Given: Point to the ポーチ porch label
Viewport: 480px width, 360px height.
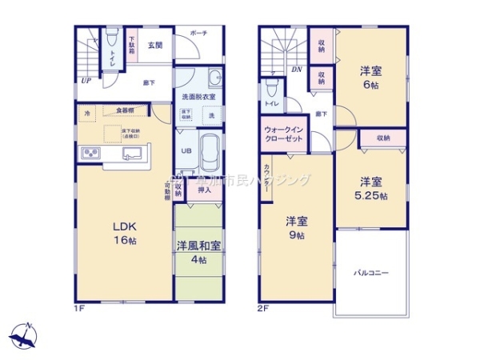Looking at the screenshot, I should [x=198, y=33].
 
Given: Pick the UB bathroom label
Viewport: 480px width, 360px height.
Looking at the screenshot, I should [x=185, y=150].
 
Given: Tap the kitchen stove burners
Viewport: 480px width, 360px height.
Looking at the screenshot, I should [x=90, y=154].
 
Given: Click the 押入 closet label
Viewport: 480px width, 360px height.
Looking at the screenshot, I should [x=204, y=190].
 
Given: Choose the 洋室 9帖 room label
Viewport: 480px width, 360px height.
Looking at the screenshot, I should [x=297, y=228].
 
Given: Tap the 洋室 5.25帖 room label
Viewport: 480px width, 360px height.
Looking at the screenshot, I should [x=372, y=188].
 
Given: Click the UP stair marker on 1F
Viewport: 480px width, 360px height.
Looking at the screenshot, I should [x=84, y=80].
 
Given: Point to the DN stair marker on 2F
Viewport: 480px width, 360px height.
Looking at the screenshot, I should [x=296, y=70].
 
